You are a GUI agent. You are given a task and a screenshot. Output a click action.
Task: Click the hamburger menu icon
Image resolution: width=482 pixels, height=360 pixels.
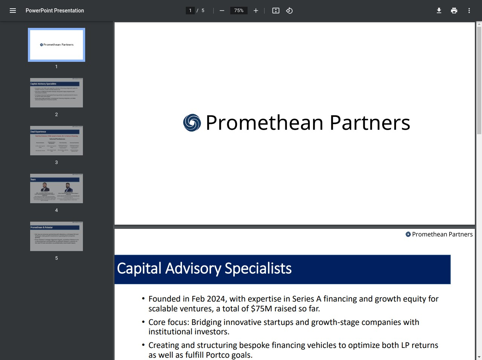[x=13, y=11]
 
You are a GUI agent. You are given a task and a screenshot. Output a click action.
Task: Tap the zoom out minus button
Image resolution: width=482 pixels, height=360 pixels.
[x=222, y=11]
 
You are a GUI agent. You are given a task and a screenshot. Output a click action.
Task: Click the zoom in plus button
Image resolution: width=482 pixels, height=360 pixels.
[x=256, y=11]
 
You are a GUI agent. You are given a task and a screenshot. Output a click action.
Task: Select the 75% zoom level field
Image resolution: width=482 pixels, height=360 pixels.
[x=239, y=11]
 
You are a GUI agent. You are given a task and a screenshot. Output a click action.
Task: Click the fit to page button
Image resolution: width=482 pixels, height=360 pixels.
[x=276, y=11]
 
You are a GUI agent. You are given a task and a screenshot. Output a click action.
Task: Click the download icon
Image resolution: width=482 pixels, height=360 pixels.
[x=439, y=11]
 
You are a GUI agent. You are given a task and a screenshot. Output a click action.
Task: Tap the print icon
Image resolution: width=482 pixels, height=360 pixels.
[x=454, y=11]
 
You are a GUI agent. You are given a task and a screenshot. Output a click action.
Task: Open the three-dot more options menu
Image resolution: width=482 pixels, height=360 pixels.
[x=469, y=11]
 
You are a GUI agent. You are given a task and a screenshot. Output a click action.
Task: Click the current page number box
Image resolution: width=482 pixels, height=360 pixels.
[x=190, y=11]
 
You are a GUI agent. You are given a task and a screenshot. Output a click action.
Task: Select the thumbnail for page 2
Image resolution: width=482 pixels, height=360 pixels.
[x=57, y=93]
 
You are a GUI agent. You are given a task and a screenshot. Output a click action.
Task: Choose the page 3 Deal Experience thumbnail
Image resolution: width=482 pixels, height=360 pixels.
[x=57, y=141]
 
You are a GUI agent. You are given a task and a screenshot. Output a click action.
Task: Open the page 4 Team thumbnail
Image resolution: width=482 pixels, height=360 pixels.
[x=57, y=188]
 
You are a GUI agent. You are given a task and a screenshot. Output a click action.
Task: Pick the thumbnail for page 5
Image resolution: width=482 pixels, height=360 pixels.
[x=57, y=236]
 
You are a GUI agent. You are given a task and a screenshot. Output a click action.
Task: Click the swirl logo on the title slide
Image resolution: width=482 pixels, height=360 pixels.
[x=192, y=123]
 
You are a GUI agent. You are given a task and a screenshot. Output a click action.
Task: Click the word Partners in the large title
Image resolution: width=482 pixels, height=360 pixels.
[x=370, y=123]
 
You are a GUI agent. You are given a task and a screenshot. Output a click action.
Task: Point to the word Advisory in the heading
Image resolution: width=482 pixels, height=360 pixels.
[x=193, y=268]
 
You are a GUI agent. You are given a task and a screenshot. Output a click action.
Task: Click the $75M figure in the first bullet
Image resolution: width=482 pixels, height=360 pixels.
[x=261, y=309]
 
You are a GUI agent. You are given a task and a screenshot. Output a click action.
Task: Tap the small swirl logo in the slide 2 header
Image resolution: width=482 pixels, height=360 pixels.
[x=408, y=234]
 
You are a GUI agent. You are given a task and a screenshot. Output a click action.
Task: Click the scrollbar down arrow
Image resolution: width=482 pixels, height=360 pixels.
[x=479, y=357]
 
